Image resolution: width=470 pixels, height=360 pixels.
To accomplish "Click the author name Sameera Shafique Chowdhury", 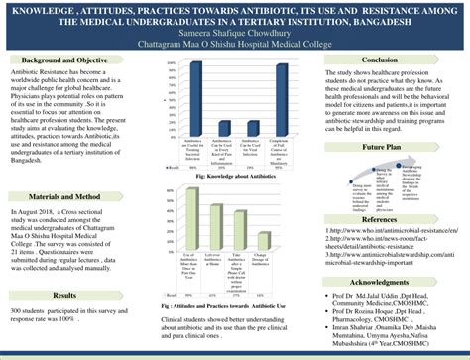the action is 234,32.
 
